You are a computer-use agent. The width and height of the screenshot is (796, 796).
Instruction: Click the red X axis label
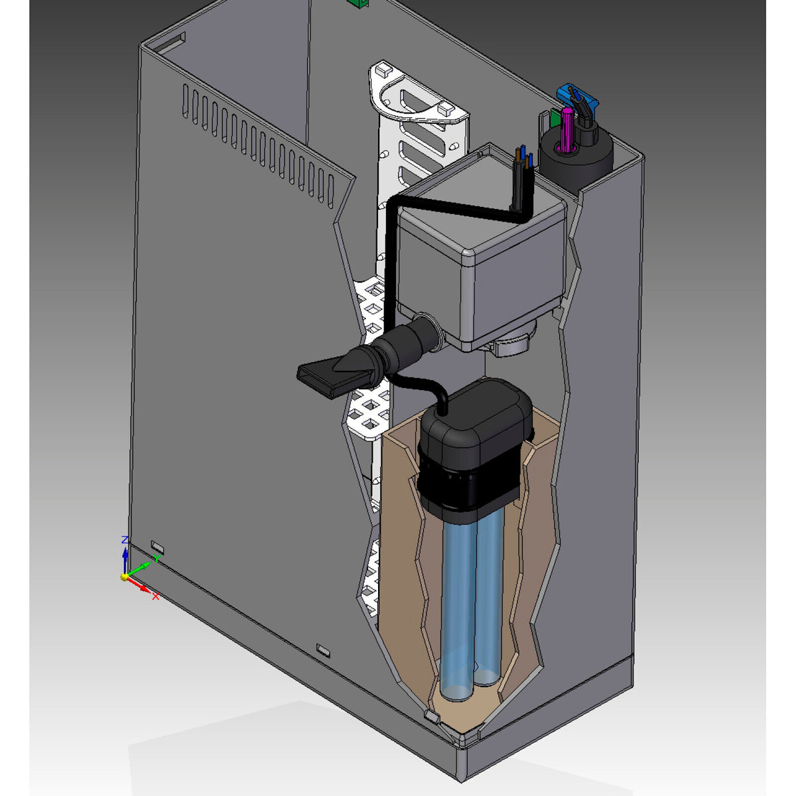click(156, 596)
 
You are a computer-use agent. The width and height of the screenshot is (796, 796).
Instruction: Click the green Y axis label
click(157, 558)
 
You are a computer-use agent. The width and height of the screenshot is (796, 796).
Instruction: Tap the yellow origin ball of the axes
click(124, 576)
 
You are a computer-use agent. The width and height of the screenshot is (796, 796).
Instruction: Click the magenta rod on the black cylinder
click(566, 129)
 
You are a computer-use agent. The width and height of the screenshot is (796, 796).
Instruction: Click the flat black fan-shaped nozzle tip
click(326, 378)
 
